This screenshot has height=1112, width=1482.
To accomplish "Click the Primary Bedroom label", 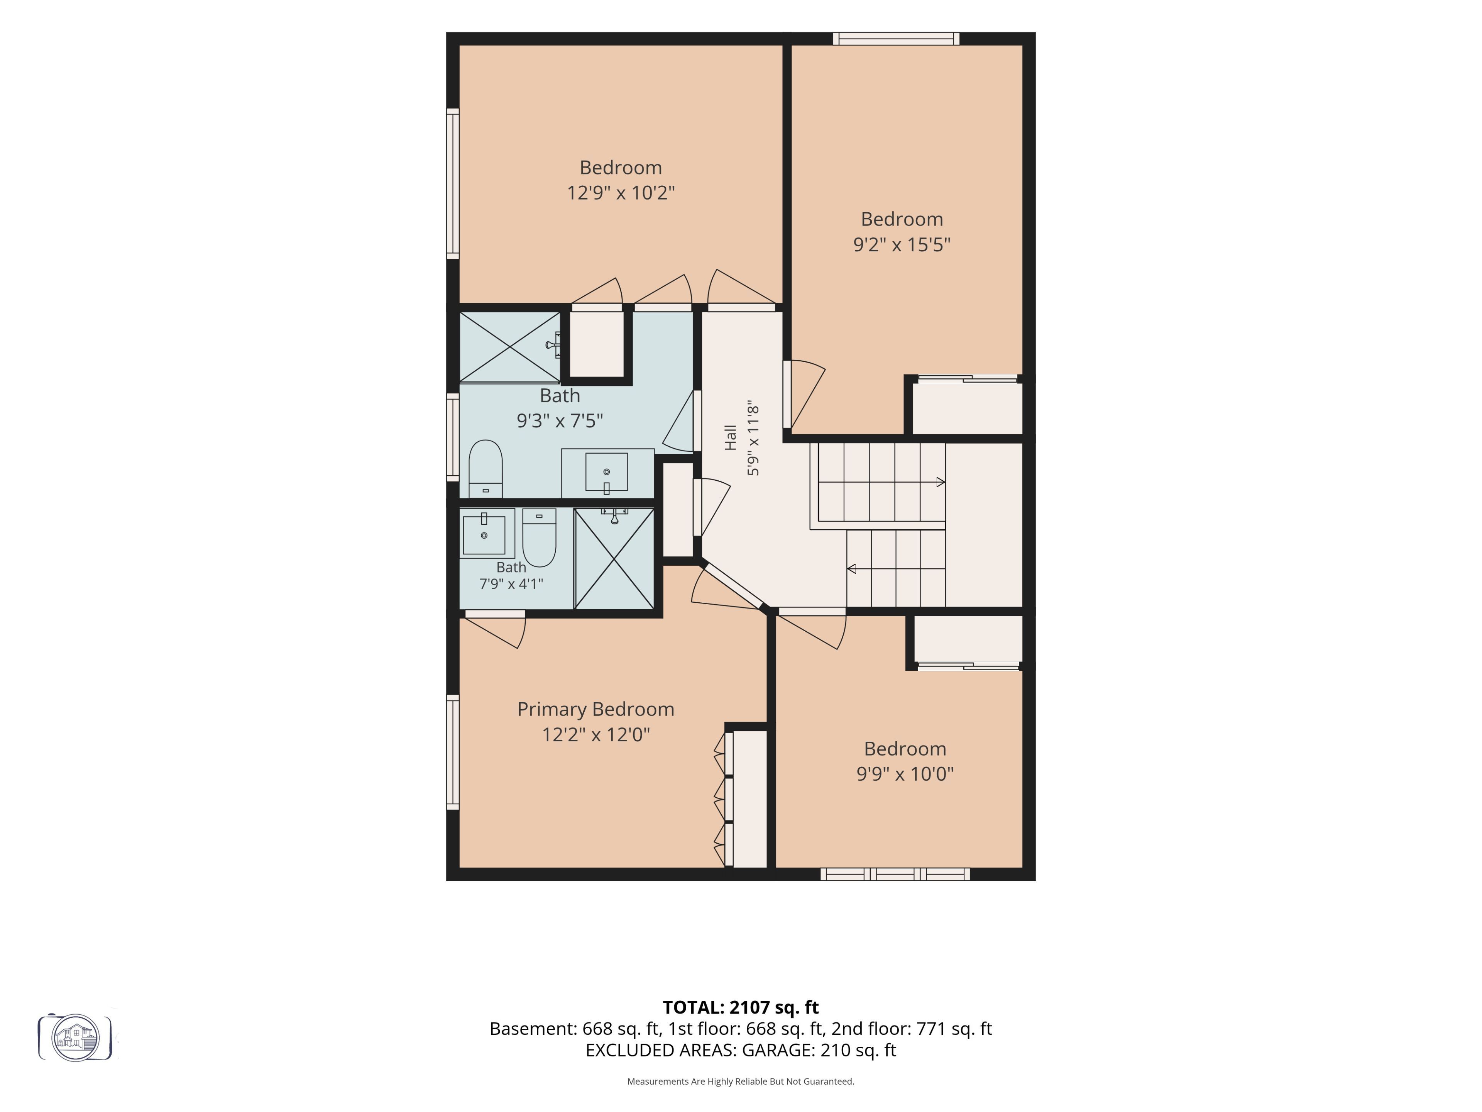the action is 596,710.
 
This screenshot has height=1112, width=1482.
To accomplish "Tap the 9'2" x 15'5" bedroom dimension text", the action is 902,245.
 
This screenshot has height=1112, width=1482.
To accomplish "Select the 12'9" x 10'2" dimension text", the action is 621,193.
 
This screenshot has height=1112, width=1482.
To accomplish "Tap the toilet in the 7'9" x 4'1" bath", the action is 539,537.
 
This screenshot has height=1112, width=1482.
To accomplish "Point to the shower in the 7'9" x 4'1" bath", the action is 614,558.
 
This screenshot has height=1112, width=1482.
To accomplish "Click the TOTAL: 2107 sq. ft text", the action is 740,1007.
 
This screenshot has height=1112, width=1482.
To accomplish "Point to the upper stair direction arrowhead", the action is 941,482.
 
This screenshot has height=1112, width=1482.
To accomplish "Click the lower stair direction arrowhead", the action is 851,569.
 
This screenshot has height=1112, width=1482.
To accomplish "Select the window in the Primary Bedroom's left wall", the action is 453,752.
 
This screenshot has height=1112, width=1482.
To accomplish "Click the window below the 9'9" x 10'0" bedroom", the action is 895,874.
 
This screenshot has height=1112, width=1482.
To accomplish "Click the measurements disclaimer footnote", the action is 740,1081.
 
